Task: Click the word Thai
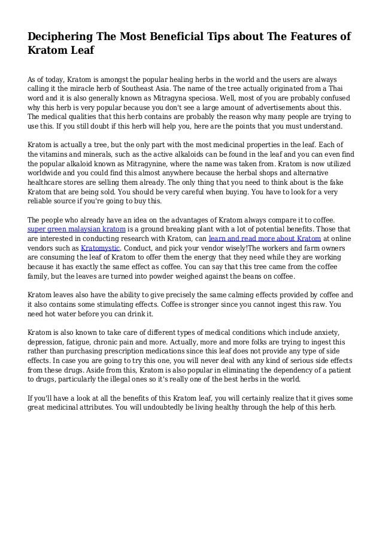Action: click(345, 90)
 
